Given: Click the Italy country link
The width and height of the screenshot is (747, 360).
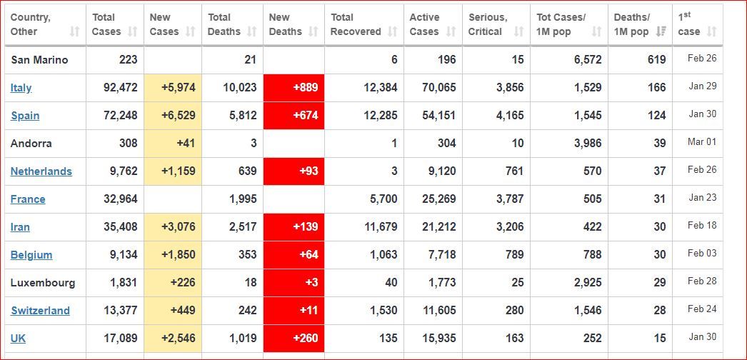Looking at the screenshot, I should tap(21, 88).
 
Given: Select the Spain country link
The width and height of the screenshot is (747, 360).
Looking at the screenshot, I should tap(25, 116).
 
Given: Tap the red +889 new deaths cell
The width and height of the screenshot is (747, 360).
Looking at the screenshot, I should tap(294, 88).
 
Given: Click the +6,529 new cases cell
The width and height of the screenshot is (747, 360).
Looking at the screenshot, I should tap(173, 116).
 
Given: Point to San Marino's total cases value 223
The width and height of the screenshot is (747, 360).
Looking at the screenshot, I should tap(128, 60).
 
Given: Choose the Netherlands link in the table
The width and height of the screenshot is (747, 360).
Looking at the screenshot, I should tap(41, 171).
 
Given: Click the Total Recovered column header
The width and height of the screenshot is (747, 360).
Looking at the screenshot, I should tap(356, 24).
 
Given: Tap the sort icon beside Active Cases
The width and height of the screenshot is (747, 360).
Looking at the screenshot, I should tap(451, 31).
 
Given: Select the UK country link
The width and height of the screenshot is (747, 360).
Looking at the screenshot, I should tap(18, 339).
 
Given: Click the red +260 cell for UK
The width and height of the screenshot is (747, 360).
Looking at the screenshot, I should tap(294, 339).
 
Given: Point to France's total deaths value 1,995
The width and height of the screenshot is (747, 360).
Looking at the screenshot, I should tap(243, 199).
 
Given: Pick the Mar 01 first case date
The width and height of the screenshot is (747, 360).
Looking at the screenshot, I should tap(701, 142).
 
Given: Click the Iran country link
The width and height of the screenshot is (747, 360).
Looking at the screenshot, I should tap(20, 227).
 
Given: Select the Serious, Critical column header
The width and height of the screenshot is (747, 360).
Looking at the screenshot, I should tap(488, 24).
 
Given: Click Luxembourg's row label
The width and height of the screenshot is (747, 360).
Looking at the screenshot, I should tap(42, 283).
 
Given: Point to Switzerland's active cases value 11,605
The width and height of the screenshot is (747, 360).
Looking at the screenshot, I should tap(438, 311).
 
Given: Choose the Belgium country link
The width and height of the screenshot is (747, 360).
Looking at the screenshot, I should tap(31, 255).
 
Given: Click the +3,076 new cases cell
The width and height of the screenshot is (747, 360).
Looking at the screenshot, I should tap(173, 227).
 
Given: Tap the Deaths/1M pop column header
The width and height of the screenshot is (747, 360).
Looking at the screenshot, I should tap(631, 24).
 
